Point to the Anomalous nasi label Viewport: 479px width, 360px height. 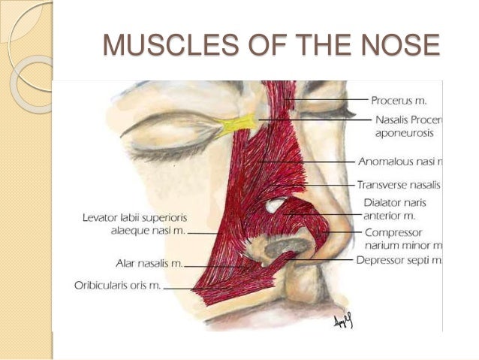[410, 161]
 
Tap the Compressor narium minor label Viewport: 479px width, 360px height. [402, 239]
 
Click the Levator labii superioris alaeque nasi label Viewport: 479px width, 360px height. [132, 224]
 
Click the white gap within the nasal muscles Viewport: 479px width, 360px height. [276, 204]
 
